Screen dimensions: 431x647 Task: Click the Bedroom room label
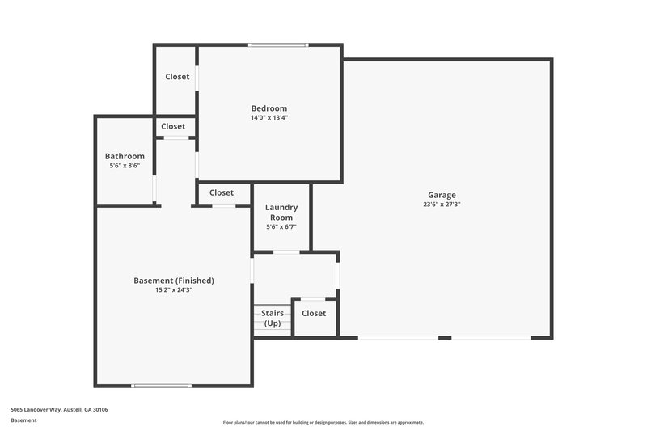(269, 108)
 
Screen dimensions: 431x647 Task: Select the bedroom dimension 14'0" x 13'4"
(269, 118)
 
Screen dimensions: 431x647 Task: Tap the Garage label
(442, 195)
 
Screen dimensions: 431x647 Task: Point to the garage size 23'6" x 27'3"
(442, 205)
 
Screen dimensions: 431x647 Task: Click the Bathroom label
(125, 156)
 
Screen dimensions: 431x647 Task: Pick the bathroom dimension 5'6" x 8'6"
(125, 166)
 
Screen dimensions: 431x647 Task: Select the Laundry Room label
(281, 212)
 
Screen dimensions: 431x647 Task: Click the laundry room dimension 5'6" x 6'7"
(281, 226)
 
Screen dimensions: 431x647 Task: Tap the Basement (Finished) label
(174, 281)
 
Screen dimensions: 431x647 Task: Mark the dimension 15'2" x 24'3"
(174, 289)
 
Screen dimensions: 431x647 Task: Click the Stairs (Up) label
(271, 317)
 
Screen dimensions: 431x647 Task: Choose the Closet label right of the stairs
(314, 313)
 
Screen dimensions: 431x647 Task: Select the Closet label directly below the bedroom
(222, 192)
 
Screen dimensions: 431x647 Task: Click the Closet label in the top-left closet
(177, 77)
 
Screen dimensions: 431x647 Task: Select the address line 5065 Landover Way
(59, 409)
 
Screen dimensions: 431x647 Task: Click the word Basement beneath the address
(23, 420)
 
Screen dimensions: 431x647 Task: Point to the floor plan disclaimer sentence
(323, 422)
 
